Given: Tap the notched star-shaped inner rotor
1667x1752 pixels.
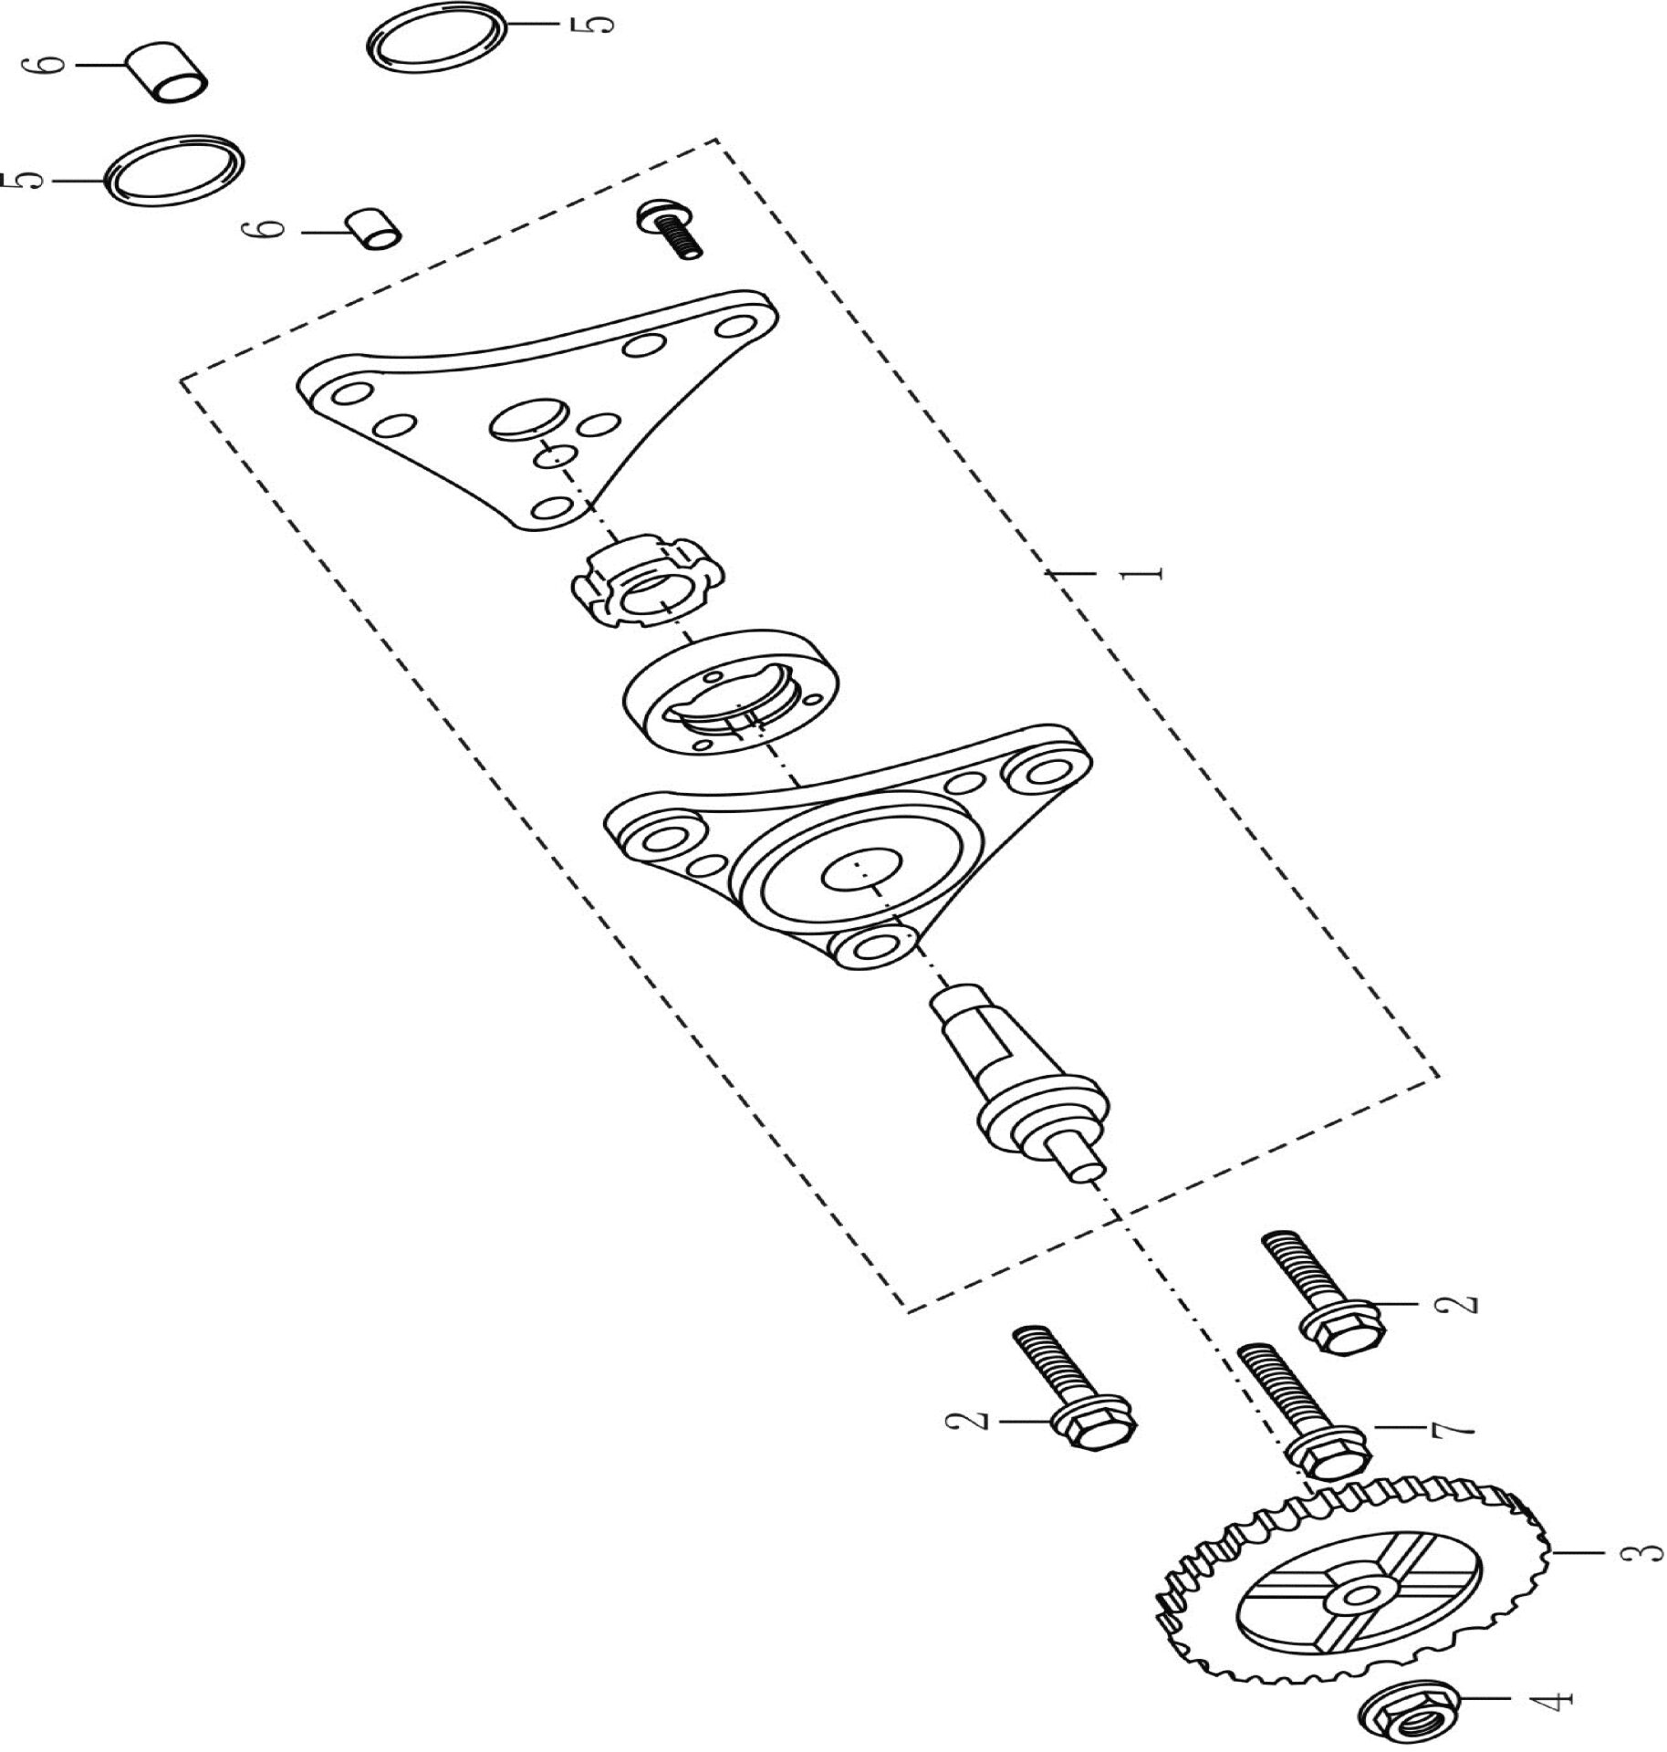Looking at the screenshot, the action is click(648, 583).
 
